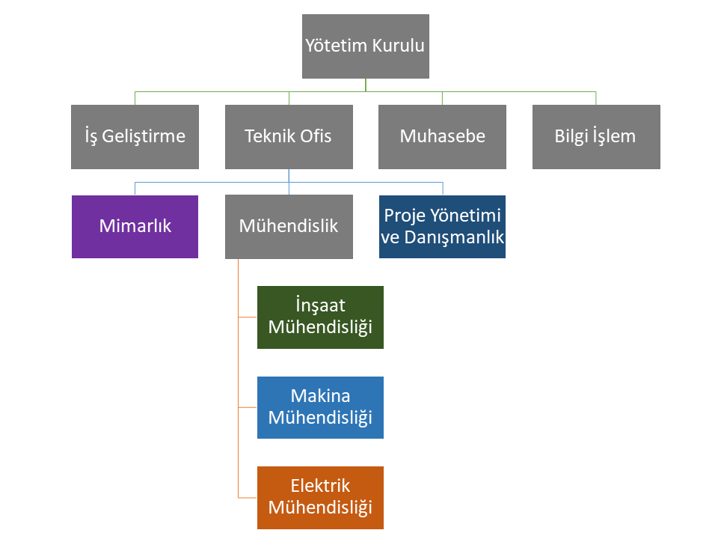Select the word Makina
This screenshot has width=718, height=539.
pyautogui.click(x=320, y=396)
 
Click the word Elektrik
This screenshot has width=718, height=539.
pyautogui.click(x=320, y=487)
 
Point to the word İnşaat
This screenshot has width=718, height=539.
pyautogui.click(x=320, y=306)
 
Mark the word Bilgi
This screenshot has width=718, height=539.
pyautogui.click(x=571, y=136)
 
